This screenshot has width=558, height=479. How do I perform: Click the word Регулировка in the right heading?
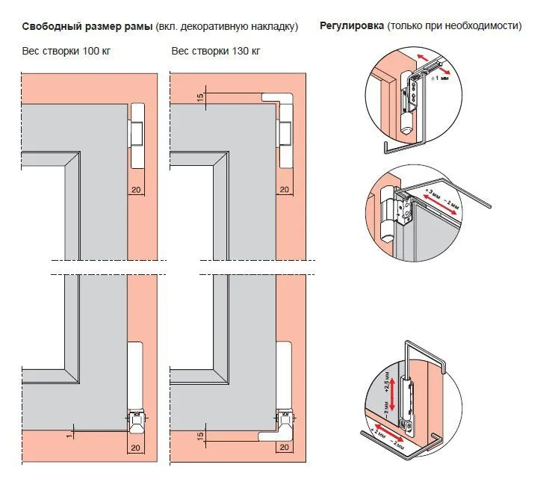point(352,26)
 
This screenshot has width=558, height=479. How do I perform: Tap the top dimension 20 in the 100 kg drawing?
point(135,189)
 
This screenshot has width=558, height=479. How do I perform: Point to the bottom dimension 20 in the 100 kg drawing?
point(135,447)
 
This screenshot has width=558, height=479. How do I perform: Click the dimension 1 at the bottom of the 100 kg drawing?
point(67,432)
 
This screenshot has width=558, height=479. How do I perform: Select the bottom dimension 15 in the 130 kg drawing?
point(200,435)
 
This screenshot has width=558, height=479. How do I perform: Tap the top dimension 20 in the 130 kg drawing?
point(284,189)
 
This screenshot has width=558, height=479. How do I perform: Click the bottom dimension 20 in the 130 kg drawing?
point(284,447)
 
